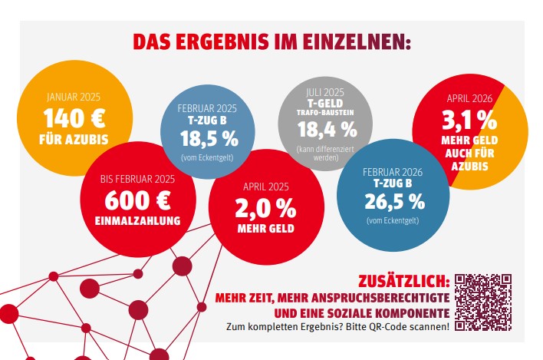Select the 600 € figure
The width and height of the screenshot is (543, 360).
click(x=138, y=200)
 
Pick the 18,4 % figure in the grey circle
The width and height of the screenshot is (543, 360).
click(x=328, y=127)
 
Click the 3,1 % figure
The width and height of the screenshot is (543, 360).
click(x=466, y=121)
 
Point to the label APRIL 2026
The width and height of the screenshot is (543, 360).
click(x=466, y=99)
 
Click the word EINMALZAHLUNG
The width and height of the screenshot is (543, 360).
click(x=138, y=221)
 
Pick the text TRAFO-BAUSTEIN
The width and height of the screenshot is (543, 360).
click(x=328, y=112)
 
